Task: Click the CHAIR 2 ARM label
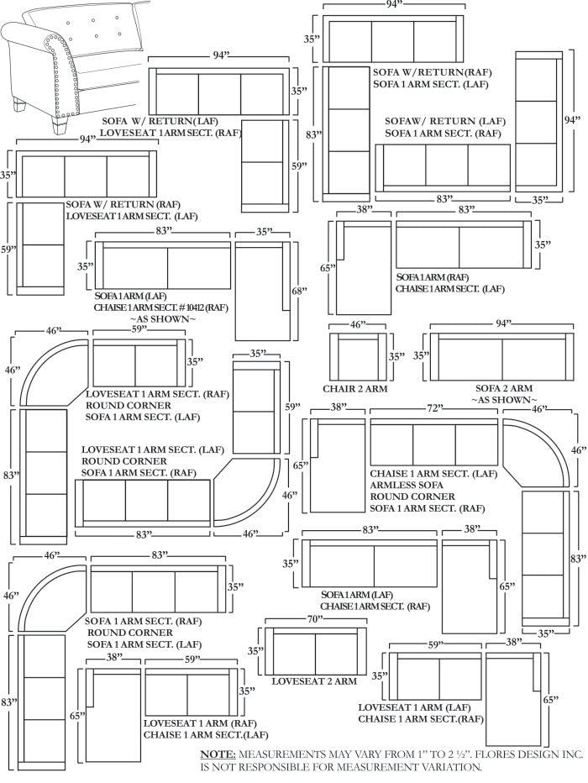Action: (x=355, y=389)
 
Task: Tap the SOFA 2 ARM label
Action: (x=504, y=388)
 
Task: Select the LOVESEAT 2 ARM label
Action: (x=314, y=681)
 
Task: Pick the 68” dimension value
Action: (x=300, y=291)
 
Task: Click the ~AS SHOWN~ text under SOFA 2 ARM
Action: (x=504, y=401)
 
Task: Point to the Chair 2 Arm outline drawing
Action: (x=358, y=357)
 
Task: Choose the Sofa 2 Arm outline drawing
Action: (x=502, y=357)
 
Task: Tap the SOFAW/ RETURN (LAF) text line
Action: (x=434, y=121)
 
